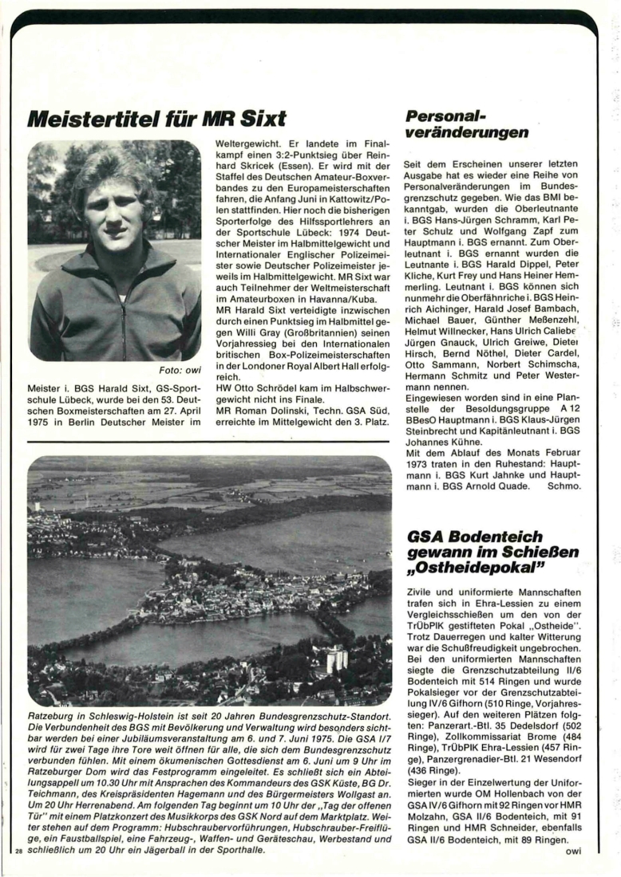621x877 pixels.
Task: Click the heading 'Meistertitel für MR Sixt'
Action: click(156, 120)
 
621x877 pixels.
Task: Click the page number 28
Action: click(18, 851)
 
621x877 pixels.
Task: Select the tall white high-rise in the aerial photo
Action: click(336, 658)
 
